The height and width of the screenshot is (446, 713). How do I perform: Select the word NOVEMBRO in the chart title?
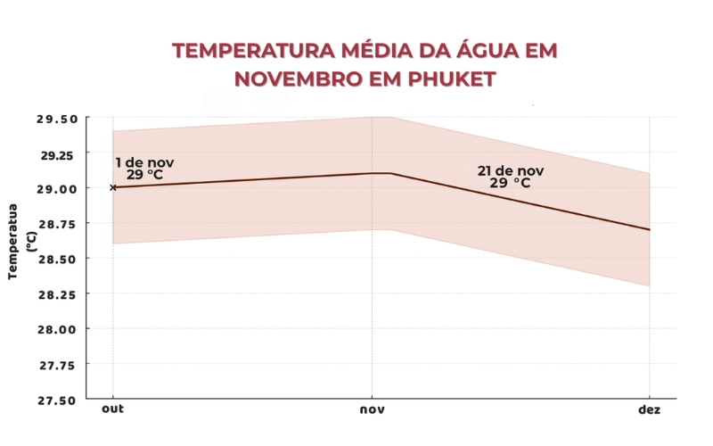coord(288,78)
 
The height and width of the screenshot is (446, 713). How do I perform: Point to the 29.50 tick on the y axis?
coord(57,118)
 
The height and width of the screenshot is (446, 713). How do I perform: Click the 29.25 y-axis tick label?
coord(57,153)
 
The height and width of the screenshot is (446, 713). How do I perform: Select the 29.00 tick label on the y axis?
coord(57,188)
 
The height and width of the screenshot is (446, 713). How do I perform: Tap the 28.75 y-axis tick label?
coord(57,223)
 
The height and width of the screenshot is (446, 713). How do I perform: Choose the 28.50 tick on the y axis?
coord(57,259)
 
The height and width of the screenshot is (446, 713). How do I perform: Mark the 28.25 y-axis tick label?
coord(57,293)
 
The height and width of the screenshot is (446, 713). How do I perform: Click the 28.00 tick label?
coord(57,329)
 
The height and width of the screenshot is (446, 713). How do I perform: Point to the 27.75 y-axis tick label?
coord(57,364)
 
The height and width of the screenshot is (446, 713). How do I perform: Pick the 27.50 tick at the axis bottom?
coord(57,399)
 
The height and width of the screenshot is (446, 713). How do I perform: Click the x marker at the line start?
coord(113,187)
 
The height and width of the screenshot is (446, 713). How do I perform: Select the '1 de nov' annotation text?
coord(144,162)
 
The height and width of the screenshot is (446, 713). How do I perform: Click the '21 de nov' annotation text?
coord(510,170)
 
